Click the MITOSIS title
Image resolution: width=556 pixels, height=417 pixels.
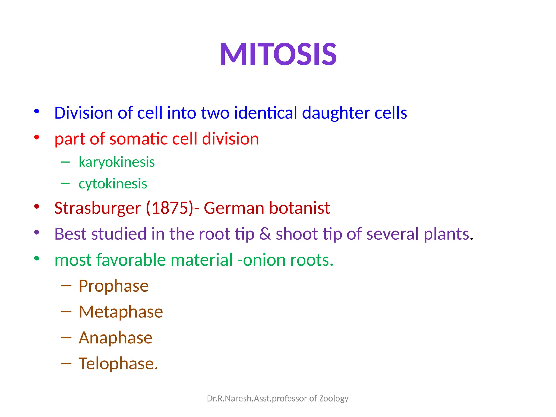(278, 54)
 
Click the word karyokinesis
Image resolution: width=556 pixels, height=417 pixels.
(117, 162)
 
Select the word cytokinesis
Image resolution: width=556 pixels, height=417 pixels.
(113, 184)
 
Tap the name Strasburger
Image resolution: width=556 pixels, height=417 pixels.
(97, 208)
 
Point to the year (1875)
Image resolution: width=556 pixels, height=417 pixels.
(170, 208)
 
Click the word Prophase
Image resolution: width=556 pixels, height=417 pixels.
(113, 286)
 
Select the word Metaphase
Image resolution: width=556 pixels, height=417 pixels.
(121, 312)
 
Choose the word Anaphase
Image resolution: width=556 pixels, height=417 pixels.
(115, 338)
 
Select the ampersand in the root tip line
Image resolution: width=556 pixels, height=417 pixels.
(265, 234)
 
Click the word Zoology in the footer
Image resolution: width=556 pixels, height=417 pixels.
(334, 399)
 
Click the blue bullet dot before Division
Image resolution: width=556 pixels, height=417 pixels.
(37, 111)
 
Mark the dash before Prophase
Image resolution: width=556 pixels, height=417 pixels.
(66, 286)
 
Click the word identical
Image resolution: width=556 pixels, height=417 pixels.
(266, 113)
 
